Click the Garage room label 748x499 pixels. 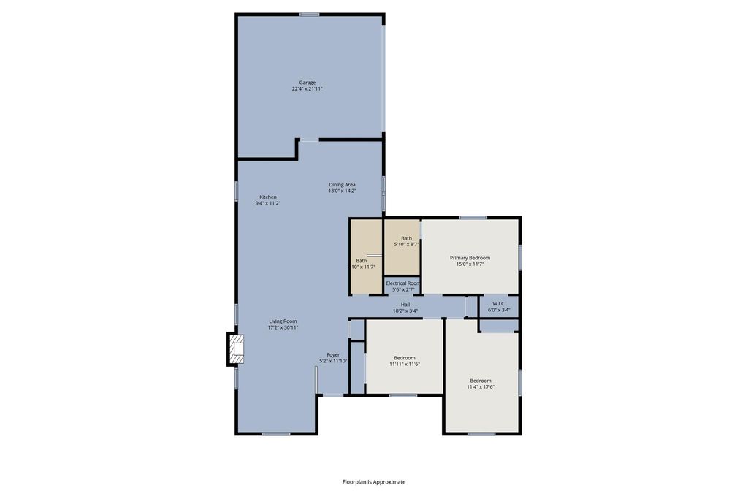click(x=308, y=83)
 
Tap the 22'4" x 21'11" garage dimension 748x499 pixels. click(x=308, y=88)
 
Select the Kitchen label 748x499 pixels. click(x=268, y=197)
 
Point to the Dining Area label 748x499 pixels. click(x=342, y=185)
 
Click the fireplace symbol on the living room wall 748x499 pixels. click(x=236, y=349)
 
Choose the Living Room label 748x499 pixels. click(x=283, y=321)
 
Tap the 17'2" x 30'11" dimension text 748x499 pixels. click(x=283, y=328)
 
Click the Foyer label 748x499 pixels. click(x=333, y=355)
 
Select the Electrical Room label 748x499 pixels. click(x=402, y=283)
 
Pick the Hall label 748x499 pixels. click(x=405, y=305)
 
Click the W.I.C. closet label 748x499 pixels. click(x=499, y=303)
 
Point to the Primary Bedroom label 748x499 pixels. click(x=470, y=258)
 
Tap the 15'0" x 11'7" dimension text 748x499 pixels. click(x=470, y=264)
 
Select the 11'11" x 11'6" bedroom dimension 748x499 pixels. click(x=405, y=364)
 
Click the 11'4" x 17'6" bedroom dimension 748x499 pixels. click(x=481, y=387)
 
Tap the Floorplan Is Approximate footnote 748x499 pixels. click(x=374, y=481)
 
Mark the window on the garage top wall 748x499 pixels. click(x=309, y=15)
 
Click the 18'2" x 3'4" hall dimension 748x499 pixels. click(x=405, y=311)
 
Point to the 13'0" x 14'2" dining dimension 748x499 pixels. click(x=342, y=191)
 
